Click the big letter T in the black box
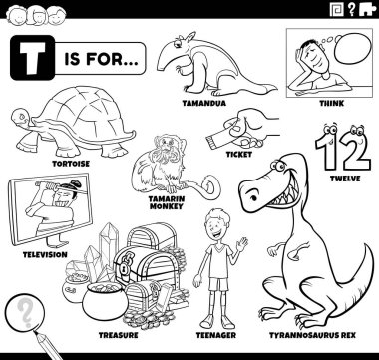click(32, 58)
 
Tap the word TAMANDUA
click(203, 103)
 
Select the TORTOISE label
click(71, 164)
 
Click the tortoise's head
click(21, 118)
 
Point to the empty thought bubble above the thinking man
click(352, 48)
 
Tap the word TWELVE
click(345, 179)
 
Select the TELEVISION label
click(45, 255)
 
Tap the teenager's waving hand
click(242, 245)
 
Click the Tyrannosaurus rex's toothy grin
click(282, 197)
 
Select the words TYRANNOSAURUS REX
click(312, 335)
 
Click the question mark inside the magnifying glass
click(24, 312)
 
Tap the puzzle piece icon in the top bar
click(367, 9)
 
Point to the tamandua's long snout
click(167, 61)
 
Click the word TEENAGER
click(216, 335)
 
